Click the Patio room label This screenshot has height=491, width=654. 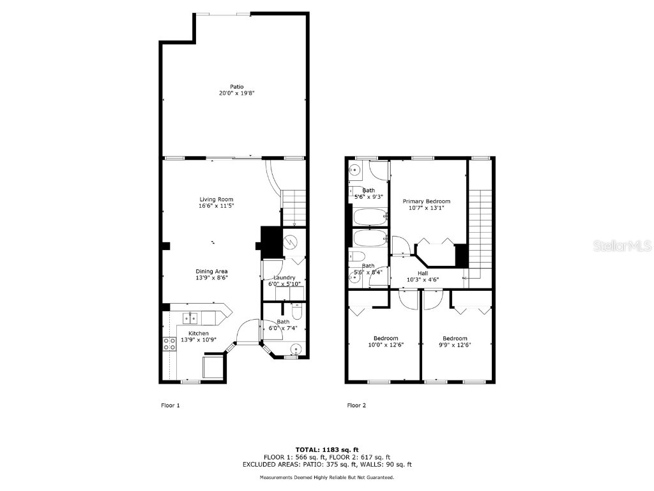[237, 87]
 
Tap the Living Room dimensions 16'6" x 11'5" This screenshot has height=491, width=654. [212, 207]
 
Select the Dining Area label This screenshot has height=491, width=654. [211, 271]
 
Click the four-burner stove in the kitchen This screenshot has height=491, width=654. [170, 344]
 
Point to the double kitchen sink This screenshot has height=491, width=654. [191, 316]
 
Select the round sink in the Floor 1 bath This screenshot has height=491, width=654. [295, 349]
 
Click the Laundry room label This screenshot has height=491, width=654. [284, 277]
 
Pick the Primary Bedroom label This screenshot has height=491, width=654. [426, 201]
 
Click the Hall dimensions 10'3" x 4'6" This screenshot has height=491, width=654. [423, 279]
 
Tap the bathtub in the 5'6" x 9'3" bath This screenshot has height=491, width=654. [370, 218]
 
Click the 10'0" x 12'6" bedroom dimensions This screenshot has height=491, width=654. [385, 346]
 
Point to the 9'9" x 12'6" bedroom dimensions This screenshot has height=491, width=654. [455, 346]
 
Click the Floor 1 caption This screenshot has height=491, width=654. [170, 405]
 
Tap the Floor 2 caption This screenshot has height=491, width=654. [357, 405]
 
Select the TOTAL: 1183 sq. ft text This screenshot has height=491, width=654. [326, 449]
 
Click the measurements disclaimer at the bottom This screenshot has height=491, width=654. [326, 478]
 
